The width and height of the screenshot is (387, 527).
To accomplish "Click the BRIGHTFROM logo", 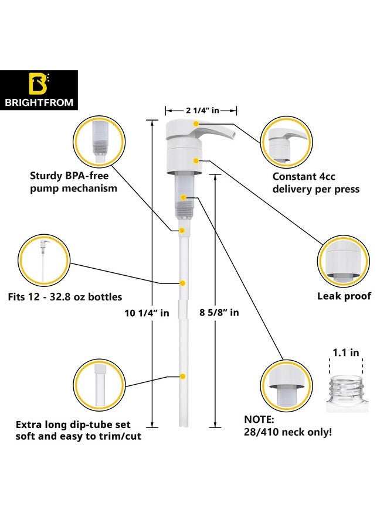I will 39,90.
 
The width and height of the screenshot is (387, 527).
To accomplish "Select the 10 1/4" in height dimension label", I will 147,313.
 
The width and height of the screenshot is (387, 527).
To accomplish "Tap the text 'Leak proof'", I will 344,296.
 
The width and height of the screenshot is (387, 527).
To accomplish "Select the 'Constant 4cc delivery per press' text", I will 316,183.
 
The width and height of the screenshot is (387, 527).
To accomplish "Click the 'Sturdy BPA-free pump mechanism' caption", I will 73,182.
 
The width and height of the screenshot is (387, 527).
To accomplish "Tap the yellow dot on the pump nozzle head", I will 196,124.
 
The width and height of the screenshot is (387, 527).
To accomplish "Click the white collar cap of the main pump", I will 184,160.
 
